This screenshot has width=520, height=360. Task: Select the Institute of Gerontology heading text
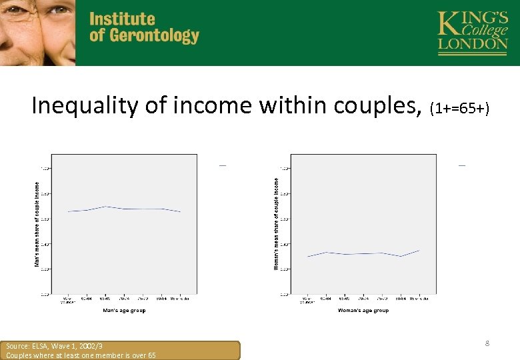click(x=144, y=27)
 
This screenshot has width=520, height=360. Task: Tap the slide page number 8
click(x=487, y=343)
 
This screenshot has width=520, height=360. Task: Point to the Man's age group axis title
click(x=124, y=310)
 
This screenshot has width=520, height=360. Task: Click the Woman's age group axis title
click(x=363, y=310)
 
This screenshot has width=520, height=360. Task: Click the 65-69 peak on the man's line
click(x=105, y=207)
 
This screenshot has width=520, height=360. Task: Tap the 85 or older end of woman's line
click(x=419, y=251)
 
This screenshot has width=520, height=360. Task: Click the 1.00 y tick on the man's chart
click(x=43, y=168)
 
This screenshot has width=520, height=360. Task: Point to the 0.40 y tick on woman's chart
click(x=284, y=244)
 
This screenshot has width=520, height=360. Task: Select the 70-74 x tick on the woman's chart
click(x=363, y=298)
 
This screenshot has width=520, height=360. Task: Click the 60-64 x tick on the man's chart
click(x=87, y=298)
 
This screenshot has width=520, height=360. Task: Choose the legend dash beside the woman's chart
click(x=461, y=165)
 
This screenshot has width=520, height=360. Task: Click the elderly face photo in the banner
click(x=37, y=32)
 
